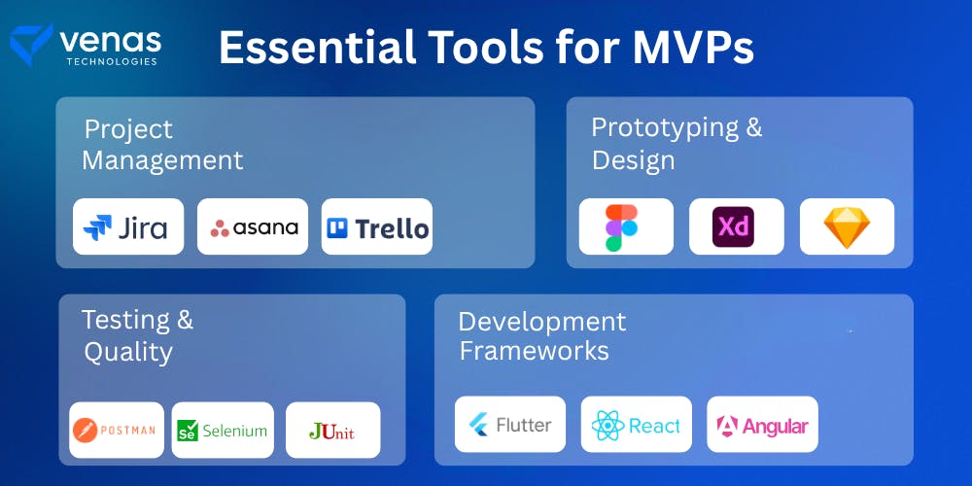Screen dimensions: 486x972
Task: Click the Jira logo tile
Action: [x=128, y=226]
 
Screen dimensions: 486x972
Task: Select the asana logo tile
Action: [x=253, y=226]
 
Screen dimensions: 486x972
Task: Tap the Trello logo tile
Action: [x=377, y=226]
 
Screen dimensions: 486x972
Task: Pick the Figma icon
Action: [x=622, y=227]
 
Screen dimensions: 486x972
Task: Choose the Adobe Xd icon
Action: [x=736, y=226]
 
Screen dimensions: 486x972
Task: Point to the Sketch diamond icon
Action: [x=847, y=226]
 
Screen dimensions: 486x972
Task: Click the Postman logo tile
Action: [x=117, y=430]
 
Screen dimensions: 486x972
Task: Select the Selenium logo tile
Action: [x=223, y=430]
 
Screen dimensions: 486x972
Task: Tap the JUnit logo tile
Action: [x=332, y=430]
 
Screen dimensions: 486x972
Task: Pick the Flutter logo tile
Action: [x=510, y=425]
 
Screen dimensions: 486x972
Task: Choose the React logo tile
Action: [x=637, y=425]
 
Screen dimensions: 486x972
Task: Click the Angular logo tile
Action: [x=762, y=425]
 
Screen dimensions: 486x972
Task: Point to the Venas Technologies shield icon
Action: [x=30, y=44]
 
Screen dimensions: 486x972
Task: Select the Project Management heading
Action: [x=161, y=144]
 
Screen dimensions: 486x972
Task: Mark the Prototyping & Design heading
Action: [x=677, y=143]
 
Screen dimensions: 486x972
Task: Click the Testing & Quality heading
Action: [x=137, y=334]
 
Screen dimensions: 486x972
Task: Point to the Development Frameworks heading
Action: [x=541, y=335]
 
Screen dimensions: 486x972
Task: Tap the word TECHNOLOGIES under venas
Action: [x=110, y=61]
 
